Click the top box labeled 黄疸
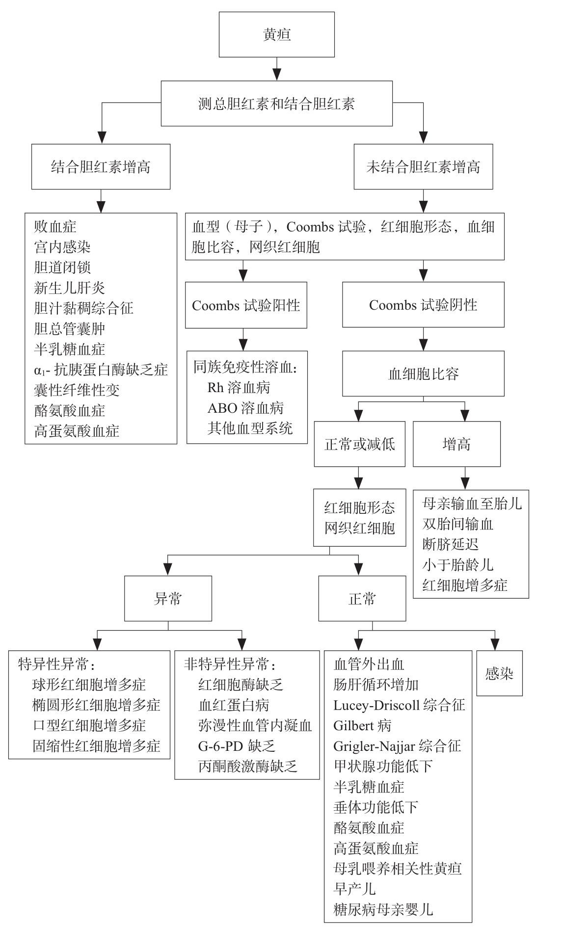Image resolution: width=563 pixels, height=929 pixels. coord(277,35)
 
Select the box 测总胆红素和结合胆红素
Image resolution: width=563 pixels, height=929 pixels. coord(277,104)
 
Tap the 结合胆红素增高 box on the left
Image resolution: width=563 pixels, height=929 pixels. coord(101,167)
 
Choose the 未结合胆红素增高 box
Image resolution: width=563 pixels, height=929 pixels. coord(423,167)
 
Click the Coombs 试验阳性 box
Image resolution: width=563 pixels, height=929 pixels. coord(246,305)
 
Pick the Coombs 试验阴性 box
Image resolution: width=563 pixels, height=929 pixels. coord(423,305)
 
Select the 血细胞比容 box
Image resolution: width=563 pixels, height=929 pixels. coord(423,374)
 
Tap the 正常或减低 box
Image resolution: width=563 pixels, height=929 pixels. coord(360,444)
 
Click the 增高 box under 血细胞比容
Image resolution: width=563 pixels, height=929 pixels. coord(456,444)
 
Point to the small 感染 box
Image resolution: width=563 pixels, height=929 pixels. coord(499,673)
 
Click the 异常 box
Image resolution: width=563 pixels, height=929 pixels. coord(168,599)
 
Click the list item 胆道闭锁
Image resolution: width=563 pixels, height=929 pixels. coord(62,267)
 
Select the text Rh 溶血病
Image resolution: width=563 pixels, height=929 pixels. coord(239,387)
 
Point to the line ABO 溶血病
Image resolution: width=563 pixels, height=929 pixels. coord(245,408)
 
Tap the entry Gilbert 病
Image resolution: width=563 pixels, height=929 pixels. coord(362,725)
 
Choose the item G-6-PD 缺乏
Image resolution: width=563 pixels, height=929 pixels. coord(237,746)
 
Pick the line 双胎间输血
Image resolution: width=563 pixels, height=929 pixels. coord(458,524)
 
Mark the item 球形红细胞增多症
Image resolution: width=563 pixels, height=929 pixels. coord(89,685)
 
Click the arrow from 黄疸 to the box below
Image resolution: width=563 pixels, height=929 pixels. coord(277,69)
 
